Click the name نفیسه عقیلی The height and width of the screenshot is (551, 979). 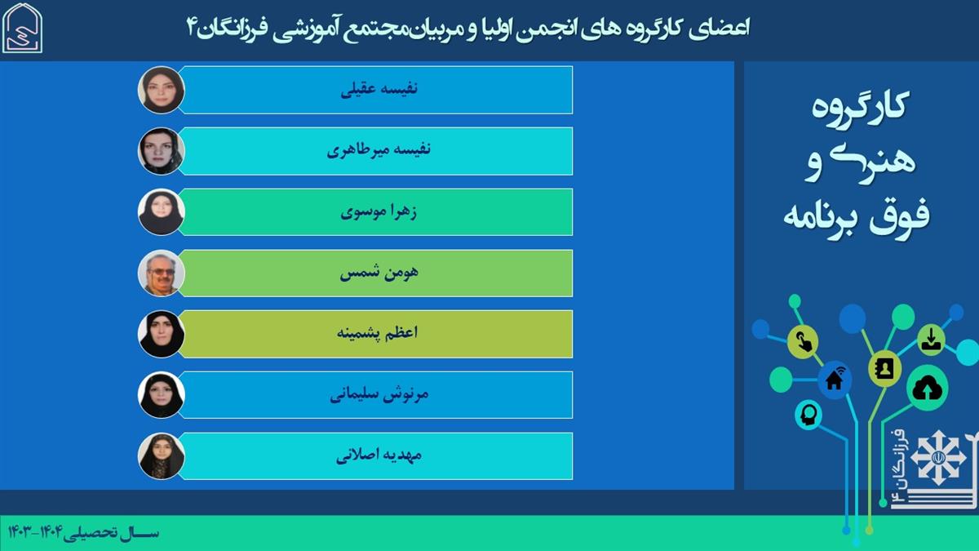pos(379,89)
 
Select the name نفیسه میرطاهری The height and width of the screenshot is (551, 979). pos(379,150)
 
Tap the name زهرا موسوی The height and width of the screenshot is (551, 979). pos(379,212)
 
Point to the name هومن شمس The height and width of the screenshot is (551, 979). pos(379,273)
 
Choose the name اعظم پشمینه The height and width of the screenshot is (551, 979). pos(377,334)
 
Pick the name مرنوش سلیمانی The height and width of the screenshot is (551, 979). pos(379,394)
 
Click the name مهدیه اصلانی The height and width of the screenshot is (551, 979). pos(379,455)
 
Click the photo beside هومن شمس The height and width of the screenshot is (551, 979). pos(162,273)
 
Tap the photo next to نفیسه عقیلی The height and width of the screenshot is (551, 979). pos(162,90)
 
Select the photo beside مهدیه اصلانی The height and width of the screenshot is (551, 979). pos(162,456)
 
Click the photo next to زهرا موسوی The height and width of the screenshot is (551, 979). pos(162,212)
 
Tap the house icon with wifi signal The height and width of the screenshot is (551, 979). pos(835,380)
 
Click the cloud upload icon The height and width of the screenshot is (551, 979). pos(928,389)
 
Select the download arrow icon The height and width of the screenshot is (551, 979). pos(932,340)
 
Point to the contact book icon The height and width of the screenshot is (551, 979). pos(884,369)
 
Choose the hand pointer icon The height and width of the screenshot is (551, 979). pos(803,341)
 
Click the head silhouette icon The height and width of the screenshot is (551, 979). pos(808,415)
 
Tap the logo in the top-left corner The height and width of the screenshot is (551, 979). pos(22,28)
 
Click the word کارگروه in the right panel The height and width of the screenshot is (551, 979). pos(860,108)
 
